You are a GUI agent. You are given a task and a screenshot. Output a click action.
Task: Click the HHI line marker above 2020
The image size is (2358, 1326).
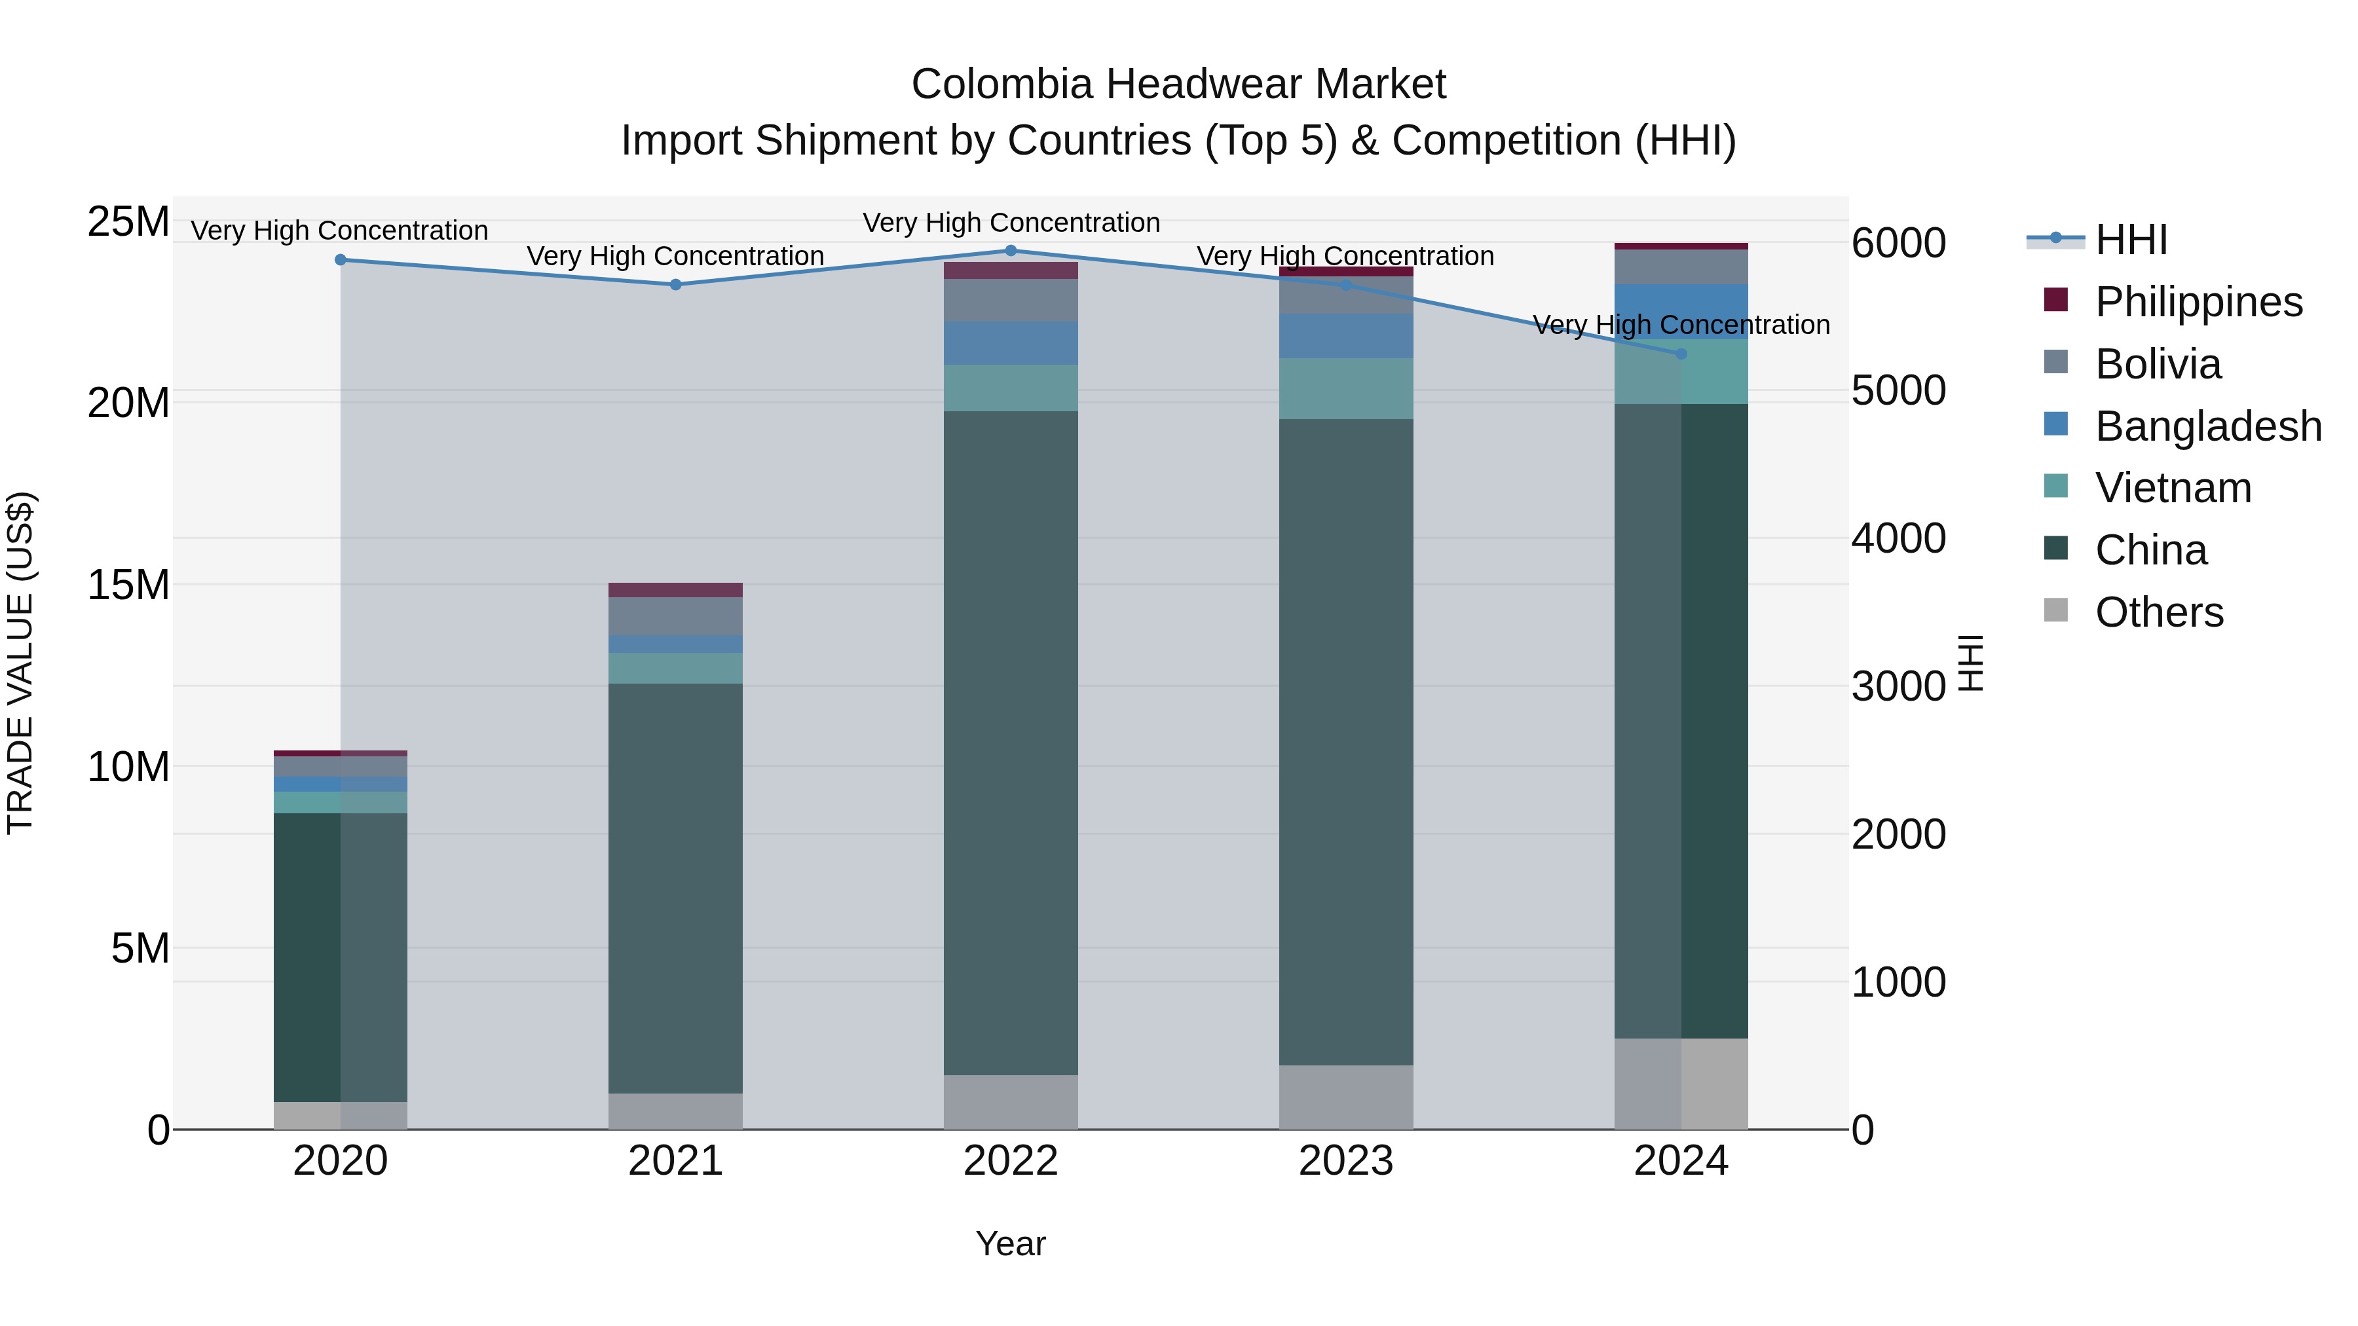(341, 260)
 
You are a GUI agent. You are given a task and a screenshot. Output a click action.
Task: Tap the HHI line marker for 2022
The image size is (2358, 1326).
(1011, 251)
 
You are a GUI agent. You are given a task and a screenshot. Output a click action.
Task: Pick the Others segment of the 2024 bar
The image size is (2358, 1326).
(1681, 1084)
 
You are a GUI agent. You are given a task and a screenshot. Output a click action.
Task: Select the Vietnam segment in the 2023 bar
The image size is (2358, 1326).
(1345, 389)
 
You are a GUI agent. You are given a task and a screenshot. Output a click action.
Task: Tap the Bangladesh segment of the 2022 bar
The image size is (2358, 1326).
(1011, 343)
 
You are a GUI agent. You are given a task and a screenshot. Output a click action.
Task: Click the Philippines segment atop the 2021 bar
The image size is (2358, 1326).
(675, 590)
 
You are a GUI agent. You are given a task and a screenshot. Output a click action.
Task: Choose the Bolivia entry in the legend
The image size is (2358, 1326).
(2158, 364)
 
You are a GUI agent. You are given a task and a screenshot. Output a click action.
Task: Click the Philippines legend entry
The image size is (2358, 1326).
(2198, 302)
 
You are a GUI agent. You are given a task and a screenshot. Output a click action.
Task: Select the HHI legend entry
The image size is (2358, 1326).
(2131, 240)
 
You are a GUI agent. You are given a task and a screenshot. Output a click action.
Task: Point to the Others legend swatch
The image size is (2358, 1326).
(2056, 610)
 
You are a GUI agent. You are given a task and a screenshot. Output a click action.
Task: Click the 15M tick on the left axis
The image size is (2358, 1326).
(128, 585)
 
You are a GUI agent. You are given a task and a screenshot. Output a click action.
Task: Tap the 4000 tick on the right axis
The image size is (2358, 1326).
(1898, 538)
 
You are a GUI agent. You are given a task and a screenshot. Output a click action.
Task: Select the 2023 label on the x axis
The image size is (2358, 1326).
(1345, 1161)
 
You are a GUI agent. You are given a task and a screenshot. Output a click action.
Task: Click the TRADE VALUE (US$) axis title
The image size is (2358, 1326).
(20, 663)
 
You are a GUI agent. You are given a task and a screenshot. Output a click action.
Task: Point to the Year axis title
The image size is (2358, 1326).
(1011, 1243)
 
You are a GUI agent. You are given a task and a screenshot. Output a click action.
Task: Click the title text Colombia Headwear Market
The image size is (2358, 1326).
(1178, 84)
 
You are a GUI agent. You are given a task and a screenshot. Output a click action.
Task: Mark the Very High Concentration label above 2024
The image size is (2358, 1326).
(1681, 325)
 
